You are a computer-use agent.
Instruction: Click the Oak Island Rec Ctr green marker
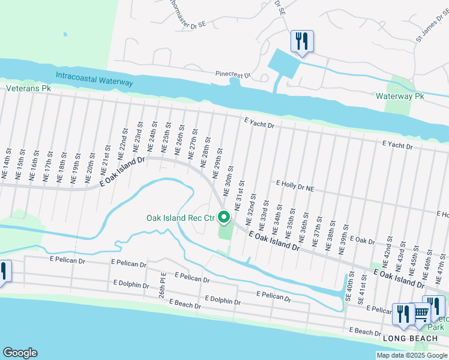point(224,218)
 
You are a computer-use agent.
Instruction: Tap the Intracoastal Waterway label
point(94,77)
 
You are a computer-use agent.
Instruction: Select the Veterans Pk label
point(28,88)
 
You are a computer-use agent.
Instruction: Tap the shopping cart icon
point(421,313)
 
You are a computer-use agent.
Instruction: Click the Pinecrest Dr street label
point(234,75)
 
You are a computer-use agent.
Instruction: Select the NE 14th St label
point(6,169)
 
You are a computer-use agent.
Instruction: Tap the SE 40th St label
point(350,293)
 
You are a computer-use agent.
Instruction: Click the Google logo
point(19,353)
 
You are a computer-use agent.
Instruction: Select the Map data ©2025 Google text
point(411,355)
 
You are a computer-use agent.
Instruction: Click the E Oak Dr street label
point(362,241)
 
